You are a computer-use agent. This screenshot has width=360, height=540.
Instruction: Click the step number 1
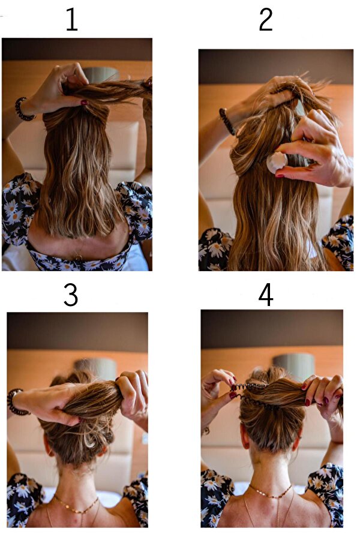(x=71, y=20)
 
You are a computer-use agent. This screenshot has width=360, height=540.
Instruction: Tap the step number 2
(x=266, y=20)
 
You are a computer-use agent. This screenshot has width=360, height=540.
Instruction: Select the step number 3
(x=71, y=295)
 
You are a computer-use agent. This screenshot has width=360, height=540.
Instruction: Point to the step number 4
(x=266, y=295)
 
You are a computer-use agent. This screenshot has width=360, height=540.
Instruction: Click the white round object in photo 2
(x=277, y=163)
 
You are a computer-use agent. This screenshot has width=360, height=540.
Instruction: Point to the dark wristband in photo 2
(x=227, y=121)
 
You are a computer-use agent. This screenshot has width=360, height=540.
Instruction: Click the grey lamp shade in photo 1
(x=101, y=74)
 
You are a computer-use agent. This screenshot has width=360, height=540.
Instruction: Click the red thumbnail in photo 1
(x=84, y=102)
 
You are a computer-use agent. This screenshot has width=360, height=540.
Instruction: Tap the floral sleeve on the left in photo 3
(x=23, y=499)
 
